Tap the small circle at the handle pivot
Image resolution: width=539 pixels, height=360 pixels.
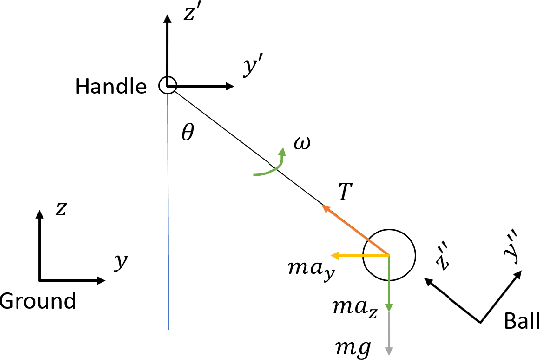point(168,87)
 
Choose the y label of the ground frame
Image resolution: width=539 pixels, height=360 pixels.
point(122,263)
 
